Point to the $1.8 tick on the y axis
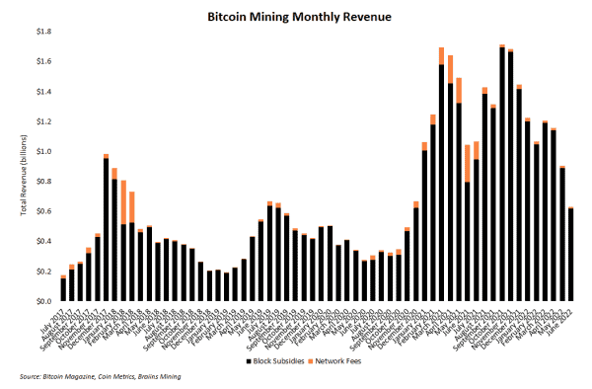tap(44, 32)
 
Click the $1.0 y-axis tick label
tap(44, 151)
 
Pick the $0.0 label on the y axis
tap(44, 301)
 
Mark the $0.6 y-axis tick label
tap(44, 211)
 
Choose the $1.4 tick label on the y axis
tap(44, 92)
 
